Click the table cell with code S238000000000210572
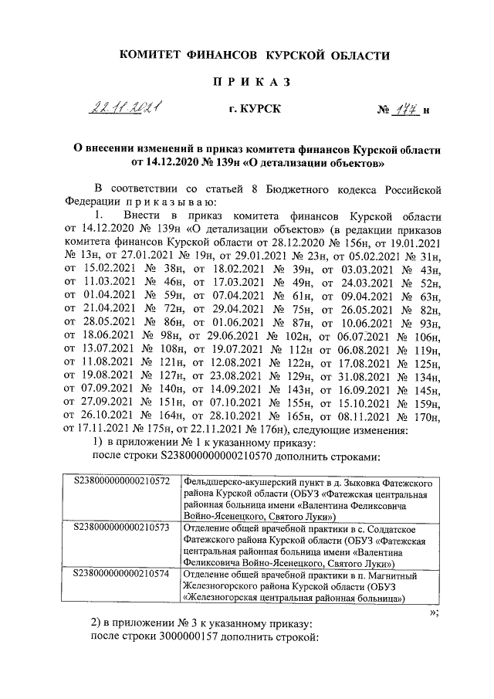(x=121, y=482)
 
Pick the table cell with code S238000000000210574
(x=121, y=575)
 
